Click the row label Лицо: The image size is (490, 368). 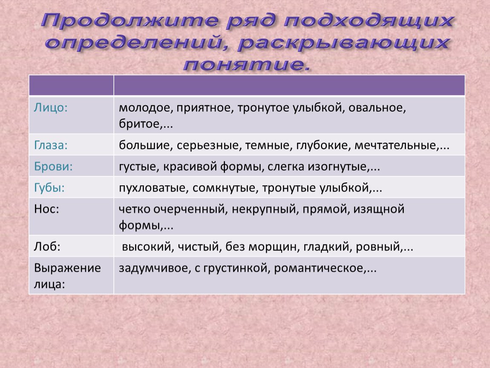point(51,108)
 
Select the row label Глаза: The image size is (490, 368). point(51,145)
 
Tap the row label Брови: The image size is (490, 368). point(53,166)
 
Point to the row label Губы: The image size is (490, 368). point(49,188)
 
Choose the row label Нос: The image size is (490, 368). point(46,209)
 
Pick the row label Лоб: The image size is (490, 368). point(47,247)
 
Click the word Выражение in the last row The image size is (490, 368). point(67,268)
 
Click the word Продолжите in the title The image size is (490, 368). point(130,20)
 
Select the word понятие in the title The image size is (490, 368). point(244,65)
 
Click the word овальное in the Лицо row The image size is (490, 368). point(377,108)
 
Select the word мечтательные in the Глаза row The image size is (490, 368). point(395,145)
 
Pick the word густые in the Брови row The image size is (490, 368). point(137,167)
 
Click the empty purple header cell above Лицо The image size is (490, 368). point(71,85)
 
